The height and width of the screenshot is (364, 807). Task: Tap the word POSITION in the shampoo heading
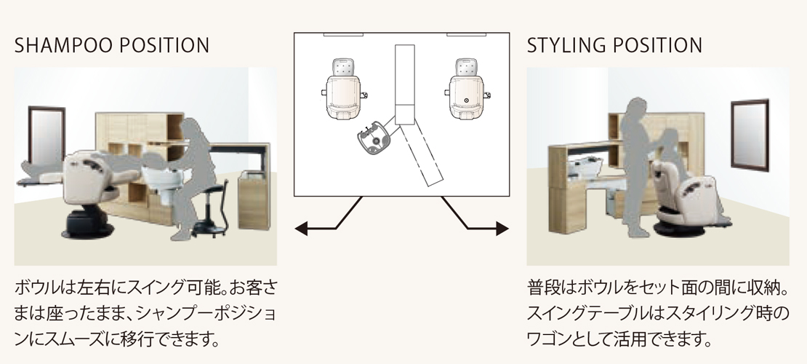160,45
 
